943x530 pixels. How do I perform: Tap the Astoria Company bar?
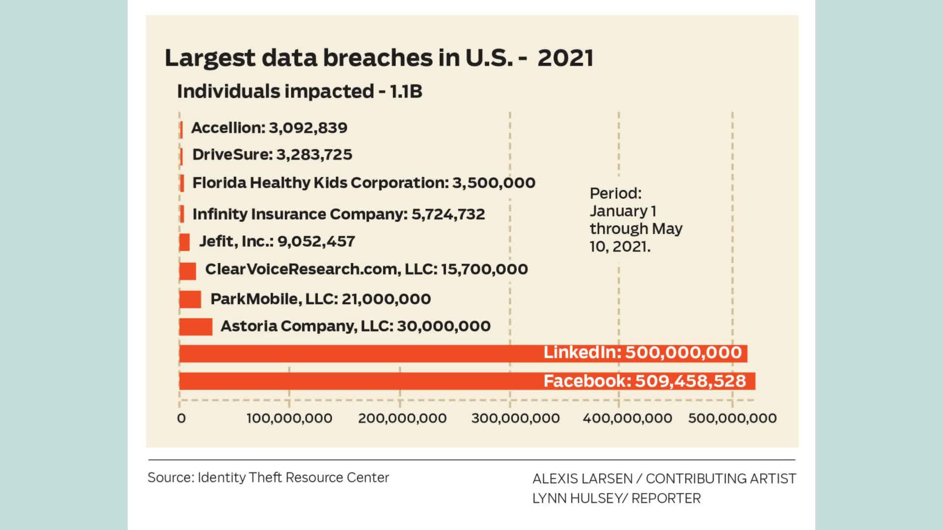point(195,326)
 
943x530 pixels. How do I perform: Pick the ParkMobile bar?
point(190,299)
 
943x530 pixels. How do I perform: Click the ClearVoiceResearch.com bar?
point(188,271)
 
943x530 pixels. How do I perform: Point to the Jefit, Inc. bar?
point(185,242)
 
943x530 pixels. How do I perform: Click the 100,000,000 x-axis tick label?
point(289,418)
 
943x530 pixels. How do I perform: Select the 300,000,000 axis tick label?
point(515,418)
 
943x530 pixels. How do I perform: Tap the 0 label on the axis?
point(181,418)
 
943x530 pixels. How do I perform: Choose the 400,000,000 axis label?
point(627,418)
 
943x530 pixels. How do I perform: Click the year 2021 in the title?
point(565,58)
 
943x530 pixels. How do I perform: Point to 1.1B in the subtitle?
point(406,91)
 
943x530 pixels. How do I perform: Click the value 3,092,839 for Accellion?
point(308,128)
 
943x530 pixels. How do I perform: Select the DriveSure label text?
point(232,155)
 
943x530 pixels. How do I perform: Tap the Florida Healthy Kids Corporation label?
point(320,183)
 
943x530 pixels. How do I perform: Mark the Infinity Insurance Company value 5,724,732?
point(448,214)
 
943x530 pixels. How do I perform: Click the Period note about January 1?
point(636,219)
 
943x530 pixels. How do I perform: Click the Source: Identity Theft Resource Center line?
point(268,477)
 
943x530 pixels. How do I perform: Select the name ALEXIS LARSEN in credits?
point(582,478)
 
